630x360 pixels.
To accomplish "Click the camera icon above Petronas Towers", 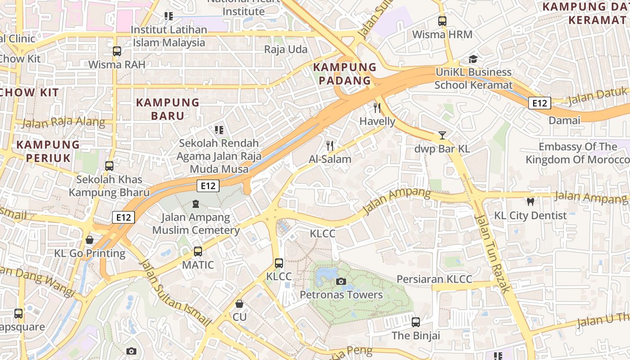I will (x=341, y=282).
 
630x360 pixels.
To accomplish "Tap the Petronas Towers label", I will (x=341, y=295).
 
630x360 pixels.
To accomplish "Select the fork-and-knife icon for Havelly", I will (x=377, y=108).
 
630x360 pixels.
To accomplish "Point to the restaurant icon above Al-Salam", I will (x=330, y=146).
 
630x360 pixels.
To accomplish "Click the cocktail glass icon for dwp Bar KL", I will (x=442, y=135).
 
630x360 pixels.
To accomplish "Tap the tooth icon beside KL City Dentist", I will (x=530, y=202).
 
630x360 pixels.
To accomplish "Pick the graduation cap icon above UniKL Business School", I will (x=473, y=59).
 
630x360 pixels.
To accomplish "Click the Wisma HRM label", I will (x=442, y=34).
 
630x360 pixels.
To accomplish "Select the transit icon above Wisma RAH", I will (x=117, y=51).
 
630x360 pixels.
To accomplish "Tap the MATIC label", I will (x=198, y=265).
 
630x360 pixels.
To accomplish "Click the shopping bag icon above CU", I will (x=239, y=304).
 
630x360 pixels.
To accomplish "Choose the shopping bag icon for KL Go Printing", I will (x=90, y=240).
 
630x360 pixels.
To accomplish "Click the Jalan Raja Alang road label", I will (x=63, y=122).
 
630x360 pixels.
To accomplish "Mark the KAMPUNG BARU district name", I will (x=167, y=109).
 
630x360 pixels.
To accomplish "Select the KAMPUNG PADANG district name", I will (x=344, y=74).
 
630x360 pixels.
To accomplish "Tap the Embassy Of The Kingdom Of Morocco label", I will (x=578, y=153).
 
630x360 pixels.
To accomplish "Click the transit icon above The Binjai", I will (x=416, y=322).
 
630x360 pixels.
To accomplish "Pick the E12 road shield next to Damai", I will (x=539, y=103).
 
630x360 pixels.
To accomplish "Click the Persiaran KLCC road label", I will (x=434, y=279).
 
